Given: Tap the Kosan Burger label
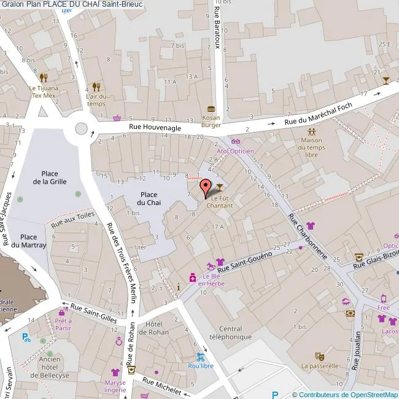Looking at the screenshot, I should click(211, 120).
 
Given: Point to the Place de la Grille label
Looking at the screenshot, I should click(50, 177).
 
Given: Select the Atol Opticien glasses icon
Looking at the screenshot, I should click(236, 141).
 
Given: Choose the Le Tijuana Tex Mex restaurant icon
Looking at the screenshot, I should click(43, 77).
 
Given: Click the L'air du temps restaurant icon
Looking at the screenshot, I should click(96, 87).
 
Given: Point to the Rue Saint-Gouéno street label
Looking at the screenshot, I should click(244, 263).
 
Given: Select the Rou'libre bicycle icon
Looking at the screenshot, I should click(201, 357).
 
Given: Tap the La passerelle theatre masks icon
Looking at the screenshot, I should click(319, 356).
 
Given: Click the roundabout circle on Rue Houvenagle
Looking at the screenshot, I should click(82, 129).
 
